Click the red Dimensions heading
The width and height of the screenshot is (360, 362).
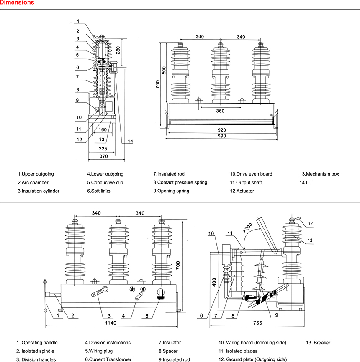(18, 3)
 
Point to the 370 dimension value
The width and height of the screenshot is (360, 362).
(103, 156)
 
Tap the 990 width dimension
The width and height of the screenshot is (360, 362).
(221, 136)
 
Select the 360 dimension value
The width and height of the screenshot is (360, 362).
(220, 111)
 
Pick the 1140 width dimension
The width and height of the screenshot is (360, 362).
(111, 323)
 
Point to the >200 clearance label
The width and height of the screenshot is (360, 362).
(247, 228)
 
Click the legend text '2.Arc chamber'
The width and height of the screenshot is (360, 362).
(33, 183)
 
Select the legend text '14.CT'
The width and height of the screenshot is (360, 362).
(306, 183)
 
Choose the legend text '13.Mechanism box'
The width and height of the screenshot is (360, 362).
(319, 174)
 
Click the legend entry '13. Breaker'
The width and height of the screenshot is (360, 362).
(319, 343)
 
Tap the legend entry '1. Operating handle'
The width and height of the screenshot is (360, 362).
(37, 343)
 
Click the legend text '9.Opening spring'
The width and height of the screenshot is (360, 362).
(171, 191)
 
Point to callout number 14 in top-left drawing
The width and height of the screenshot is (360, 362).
(130, 142)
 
